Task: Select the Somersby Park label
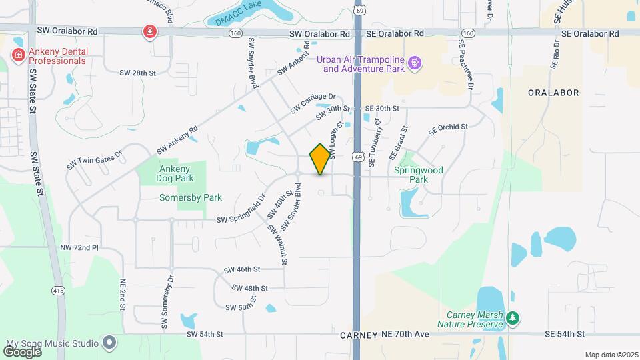point(191,197)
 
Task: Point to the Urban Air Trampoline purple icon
point(415,63)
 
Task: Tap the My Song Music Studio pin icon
point(110,343)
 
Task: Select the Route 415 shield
point(58,291)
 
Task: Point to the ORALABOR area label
point(553,93)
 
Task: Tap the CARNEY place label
point(359,335)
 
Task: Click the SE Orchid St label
point(449,127)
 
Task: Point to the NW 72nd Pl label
point(79,248)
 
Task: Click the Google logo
point(23,351)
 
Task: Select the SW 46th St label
point(241,270)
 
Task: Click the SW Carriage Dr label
point(313,103)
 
